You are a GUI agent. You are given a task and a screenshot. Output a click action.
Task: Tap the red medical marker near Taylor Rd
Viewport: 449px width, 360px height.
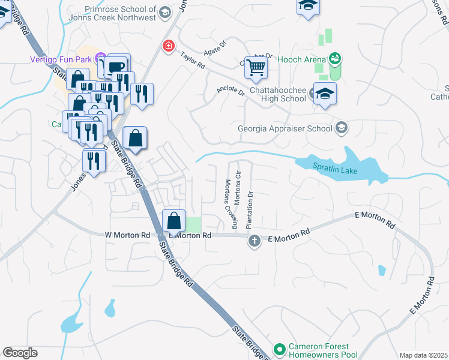click(169, 46)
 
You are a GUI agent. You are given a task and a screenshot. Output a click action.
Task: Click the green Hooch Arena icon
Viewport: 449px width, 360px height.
click(335, 59)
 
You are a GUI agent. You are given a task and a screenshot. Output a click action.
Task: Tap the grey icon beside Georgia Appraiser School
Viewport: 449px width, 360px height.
click(342, 128)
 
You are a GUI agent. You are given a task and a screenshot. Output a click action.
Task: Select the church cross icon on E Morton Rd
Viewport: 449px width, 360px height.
click(254, 241)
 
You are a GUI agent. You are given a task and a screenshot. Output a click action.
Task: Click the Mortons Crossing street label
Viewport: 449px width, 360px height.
click(231, 204)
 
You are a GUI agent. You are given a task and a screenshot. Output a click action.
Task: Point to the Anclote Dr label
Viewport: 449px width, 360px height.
click(231, 91)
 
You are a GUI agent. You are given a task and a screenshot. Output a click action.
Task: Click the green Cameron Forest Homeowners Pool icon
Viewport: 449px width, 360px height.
click(279, 349)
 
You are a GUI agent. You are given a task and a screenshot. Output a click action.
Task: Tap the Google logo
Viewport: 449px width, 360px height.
click(20, 353)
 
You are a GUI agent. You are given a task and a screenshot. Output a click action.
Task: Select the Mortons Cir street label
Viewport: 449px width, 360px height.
click(238, 188)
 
